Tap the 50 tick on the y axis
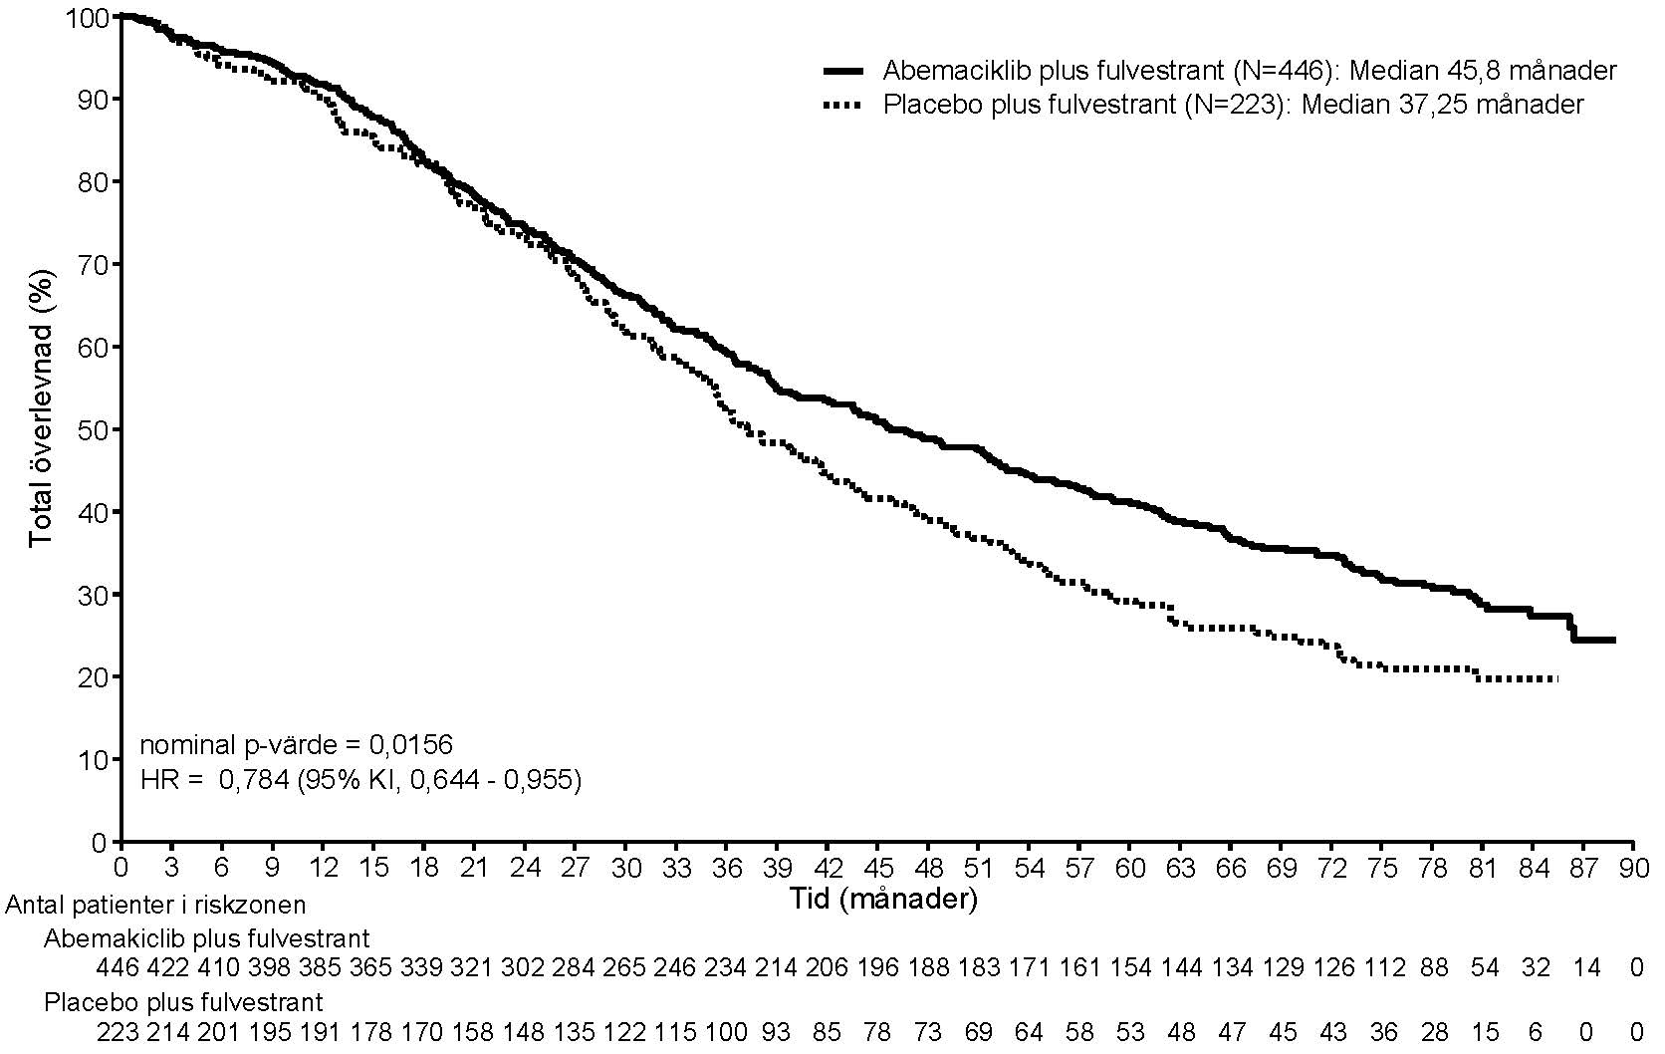pos(97,429)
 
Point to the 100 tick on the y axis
pos(90,17)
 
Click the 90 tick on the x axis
pos(1634,868)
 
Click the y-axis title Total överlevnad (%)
pos(41,405)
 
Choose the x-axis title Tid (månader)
pos(884,900)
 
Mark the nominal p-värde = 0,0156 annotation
pos(296,744)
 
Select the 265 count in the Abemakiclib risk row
pos(625,967)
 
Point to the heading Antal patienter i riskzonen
pos(155,905)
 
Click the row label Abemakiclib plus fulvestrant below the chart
pos(206,938)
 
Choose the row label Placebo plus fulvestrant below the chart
pos(183,1001)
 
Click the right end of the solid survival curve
pos(1613,640)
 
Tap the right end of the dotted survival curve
pos(1555,678)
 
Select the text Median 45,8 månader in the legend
pos(1483,71)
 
